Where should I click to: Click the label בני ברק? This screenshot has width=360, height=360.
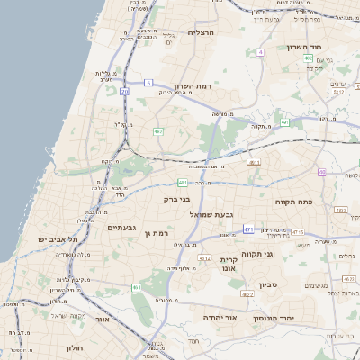click(176, 200)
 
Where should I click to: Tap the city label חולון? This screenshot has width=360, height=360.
click(74, 346)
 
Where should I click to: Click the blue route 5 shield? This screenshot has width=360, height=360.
click(148, 83)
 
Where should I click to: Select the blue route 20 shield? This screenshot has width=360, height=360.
click(125, 92)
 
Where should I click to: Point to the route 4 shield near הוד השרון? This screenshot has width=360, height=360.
click(260, 52)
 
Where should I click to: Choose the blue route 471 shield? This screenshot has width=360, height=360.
click(249, 229)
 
